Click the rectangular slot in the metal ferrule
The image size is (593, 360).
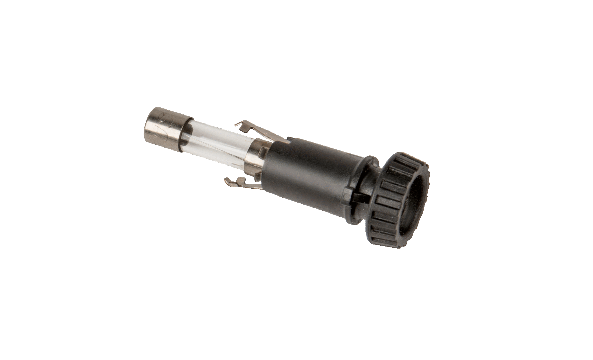pyautogui.click(x=262, y=150)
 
